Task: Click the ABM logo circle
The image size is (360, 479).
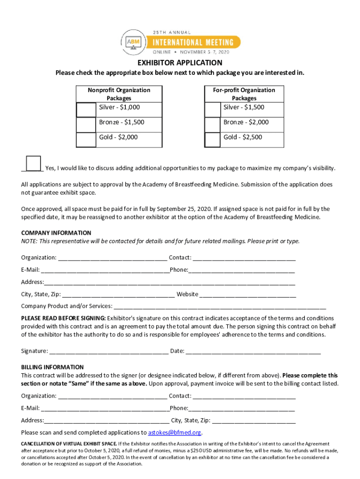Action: pos(133,42)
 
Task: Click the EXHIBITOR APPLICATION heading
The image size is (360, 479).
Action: pos(180,63)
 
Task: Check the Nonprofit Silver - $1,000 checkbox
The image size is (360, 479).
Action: pos(86,109)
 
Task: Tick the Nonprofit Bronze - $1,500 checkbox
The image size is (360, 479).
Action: pos(86,124)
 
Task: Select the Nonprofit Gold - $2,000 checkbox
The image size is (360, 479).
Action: pos(86,139)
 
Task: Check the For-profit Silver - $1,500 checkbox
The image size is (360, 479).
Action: pos(213,109)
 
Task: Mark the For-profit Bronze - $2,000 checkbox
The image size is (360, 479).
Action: pos(213,124)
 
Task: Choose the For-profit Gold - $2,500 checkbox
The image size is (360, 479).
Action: pos(213,139)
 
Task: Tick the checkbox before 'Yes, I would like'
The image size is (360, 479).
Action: pos(33,164)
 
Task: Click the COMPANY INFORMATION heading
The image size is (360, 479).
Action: pos(56,233)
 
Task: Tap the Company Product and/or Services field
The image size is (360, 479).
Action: pos(220,306)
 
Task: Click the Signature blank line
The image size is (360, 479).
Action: pos(108,351)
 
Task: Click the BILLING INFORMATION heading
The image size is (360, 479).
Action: pos(52,367)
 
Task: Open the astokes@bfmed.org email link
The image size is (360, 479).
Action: pos(174,433)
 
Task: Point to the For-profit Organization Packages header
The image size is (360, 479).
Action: pos(244,94)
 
